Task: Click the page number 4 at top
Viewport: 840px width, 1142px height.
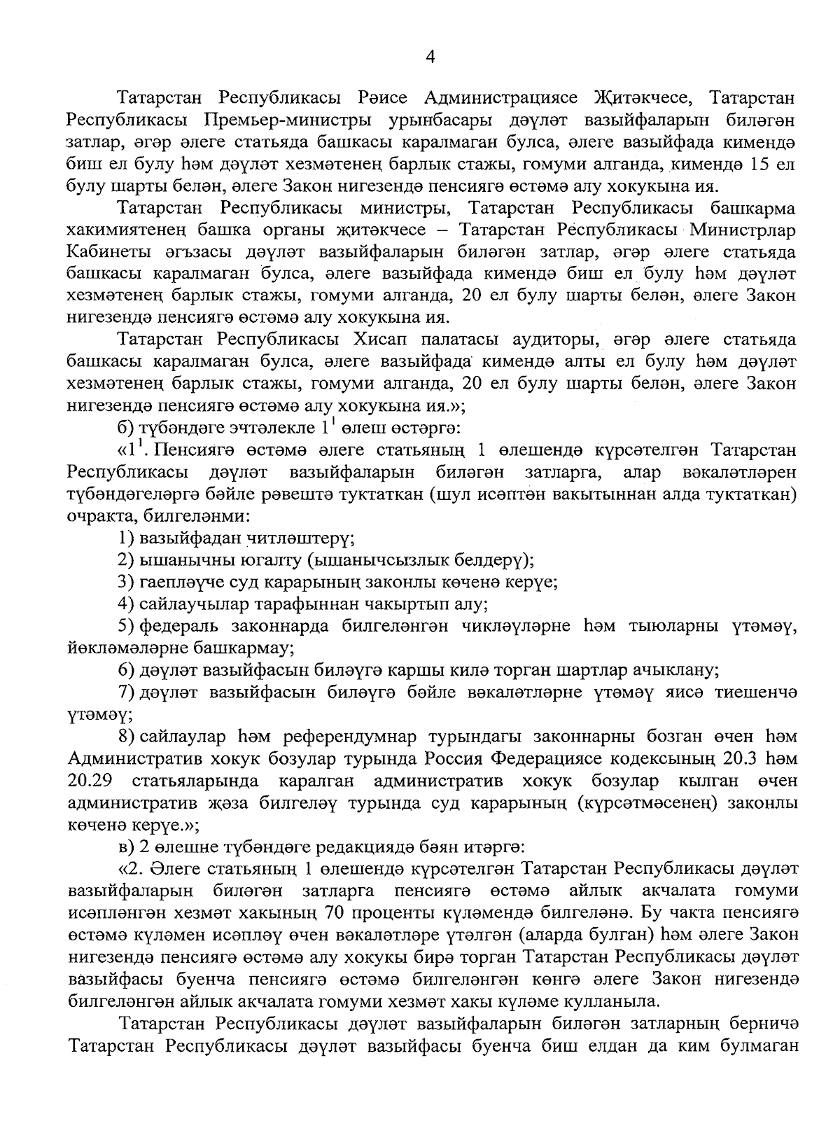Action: point(430,58)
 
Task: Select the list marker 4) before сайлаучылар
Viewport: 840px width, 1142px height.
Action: point(127,603)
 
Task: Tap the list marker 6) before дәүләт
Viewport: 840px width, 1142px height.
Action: point(127,669)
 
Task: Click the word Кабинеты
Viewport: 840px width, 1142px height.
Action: point(101,251)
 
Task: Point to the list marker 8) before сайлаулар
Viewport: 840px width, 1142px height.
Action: point(127,736)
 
